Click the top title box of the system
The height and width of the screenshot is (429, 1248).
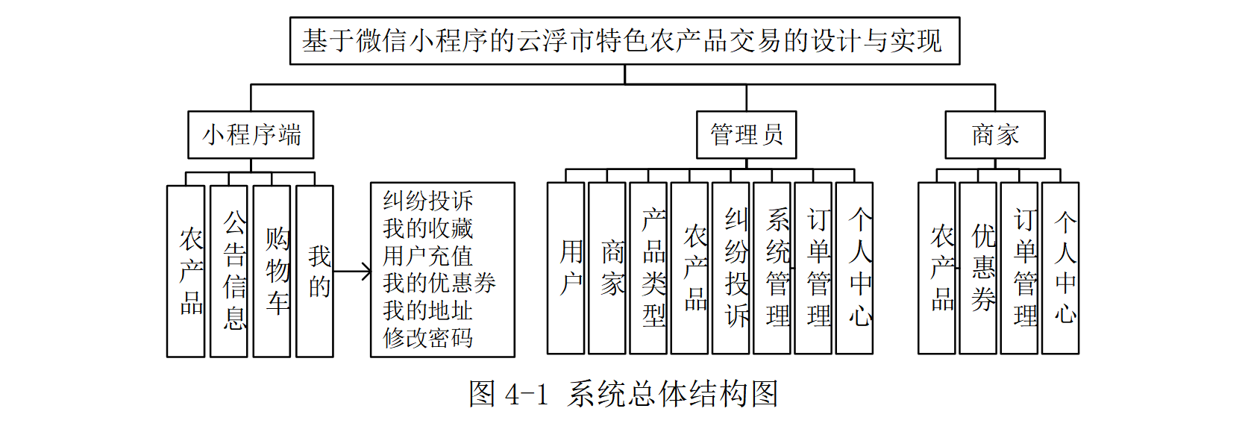[624, 41]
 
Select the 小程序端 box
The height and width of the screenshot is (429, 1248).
[251, 135]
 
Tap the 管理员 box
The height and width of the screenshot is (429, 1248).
[746, 135]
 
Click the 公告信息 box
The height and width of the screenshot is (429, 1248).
[229, 270]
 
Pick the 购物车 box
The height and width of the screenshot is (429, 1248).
[272, 270]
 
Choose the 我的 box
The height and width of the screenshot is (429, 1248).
[314, 270]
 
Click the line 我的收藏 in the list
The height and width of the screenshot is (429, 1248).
[428, 228]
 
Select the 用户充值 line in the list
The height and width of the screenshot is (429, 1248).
[428, 256]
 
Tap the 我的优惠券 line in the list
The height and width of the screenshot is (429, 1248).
[439, 284]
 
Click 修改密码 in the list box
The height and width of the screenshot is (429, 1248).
[428, 338]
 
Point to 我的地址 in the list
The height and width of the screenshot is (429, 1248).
[428, 310]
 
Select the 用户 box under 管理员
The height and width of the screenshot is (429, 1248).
[566, 268]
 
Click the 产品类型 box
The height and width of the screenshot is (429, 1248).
[648, 268]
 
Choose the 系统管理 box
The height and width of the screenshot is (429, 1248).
[772, 268]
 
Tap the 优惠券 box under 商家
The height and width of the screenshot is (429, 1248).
[978, 268]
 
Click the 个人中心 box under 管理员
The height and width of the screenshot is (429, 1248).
[854, 268]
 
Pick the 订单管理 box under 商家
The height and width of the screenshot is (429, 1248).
[1019, 268]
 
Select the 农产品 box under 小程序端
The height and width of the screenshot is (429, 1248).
[186, 270]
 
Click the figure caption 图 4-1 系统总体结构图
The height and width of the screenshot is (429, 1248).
[624, 394]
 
